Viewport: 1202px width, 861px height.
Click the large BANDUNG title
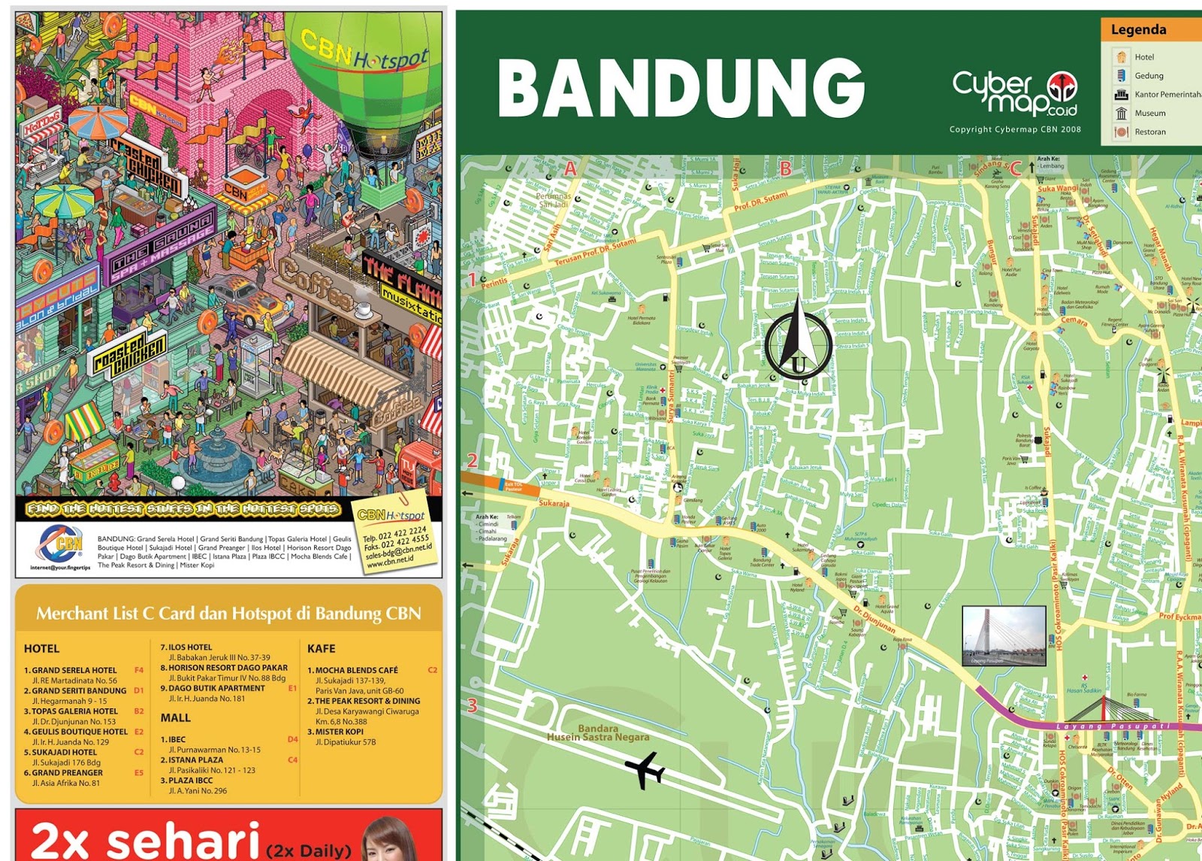pyautogui.click(x=681, y=88)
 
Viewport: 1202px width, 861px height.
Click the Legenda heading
pyautogui.click(x=1138, y=30)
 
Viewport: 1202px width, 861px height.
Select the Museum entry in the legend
pyautogui.click(x=1149, y=114)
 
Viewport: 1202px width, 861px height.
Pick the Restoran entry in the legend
pyautogui.click(x=1149, y=132)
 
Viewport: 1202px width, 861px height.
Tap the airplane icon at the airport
pyautogui.click(x=645, y=770)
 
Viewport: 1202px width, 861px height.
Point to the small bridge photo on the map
pyautogui.click(x=1004, y=635)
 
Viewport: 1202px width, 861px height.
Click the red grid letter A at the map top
pyautogui.click(x=570, y=169)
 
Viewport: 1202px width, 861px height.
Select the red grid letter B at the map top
pyautogui.click(x=786, y=169)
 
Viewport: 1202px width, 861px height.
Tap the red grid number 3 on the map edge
pyautogui.click(x=473, y=705)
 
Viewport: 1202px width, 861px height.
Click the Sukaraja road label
pyautogui.click(x=554, y=503)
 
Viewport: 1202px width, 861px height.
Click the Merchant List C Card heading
pyautogui.click(x=228, y=614)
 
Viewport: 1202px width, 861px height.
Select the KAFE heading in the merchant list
pyautogui.click(x=322, y=648)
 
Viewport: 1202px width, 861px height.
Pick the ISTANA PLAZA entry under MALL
pyautogui.click(x=195, y=760)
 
